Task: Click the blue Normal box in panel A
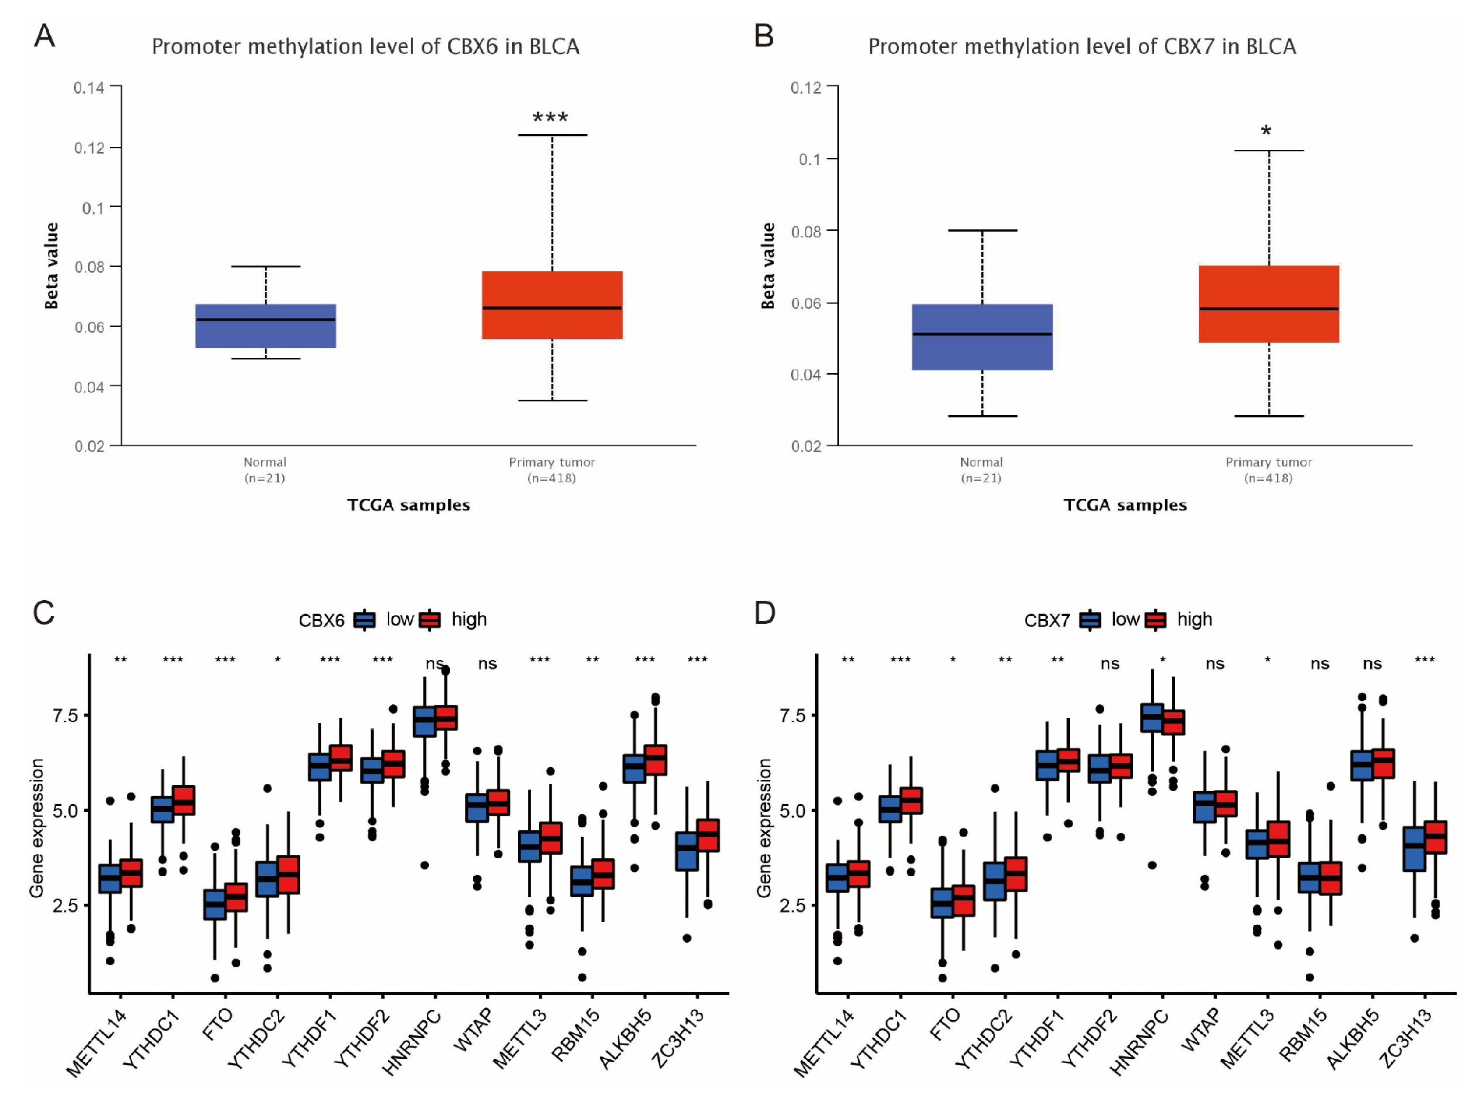point(265,326)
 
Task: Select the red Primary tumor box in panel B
point(1268,304)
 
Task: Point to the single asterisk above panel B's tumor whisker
point(1266,131)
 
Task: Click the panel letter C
point(44,612)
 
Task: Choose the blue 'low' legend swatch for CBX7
point(1090,620)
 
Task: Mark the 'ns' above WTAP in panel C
point(487,663)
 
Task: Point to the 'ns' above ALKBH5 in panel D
point(1372,663)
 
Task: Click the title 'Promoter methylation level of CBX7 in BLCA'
point(1082,47)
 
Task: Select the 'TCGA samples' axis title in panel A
point(408,505)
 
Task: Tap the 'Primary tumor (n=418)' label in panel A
point(551,470)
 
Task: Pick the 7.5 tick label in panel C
point(65,716)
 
